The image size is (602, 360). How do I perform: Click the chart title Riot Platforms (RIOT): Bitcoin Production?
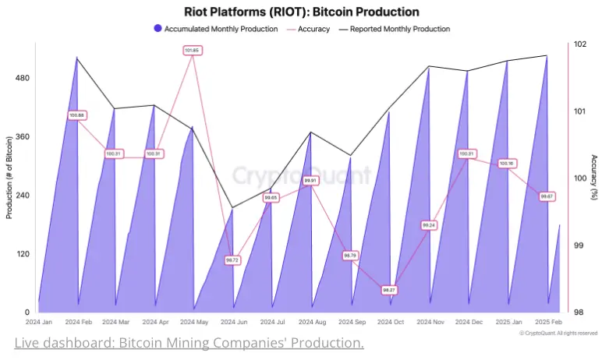(301, 12)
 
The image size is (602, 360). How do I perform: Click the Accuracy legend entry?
(309, 29)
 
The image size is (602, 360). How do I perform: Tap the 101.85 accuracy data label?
(192, 51)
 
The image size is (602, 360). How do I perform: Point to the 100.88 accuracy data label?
(76, 115)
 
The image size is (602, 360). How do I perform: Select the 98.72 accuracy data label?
(232, 259)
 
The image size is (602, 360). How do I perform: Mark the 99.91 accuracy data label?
(310, 180)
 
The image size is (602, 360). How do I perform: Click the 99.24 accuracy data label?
(428, 224)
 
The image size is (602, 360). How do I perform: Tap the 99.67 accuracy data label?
(547, 196)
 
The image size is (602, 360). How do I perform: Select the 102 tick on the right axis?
(579, 44)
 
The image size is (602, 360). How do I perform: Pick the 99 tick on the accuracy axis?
(578, 245)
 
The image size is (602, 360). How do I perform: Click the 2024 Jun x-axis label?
(233, 322)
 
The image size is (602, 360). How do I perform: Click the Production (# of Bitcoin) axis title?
(9, 177)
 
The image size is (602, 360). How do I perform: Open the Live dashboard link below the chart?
(189, 343)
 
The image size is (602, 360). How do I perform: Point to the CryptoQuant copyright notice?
(558, 333)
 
